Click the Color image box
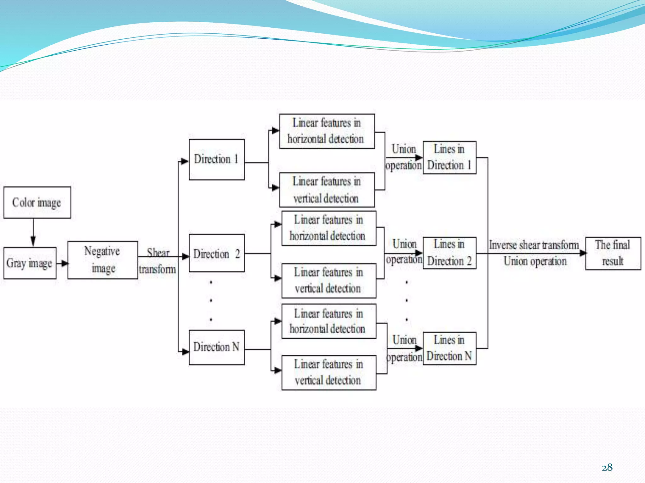pyautogui.click(x=37, y=203)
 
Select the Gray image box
pyautogui.click(x=30, y=263)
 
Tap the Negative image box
pyautogui.click(x=103, y=260)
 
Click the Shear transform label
pyautogui.click(x=157, y=261)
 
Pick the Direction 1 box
pyautogui.click(x=217, y=159)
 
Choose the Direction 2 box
pyautogui.click(x=217, y=253)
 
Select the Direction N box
pyautogui.click(x=217, y=347)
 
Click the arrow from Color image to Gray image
pyautogui.click(x=33, y=233)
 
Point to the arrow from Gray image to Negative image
pyautogui.click(x=62, y=263)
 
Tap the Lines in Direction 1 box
pyautogui.click(x=449, y=158)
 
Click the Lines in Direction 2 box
pyautogui.click(x=449, y=253)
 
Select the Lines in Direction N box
pyautogui.click(x=449, y=348)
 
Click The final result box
pyautogui.click(x=613, y=253)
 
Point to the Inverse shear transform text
pyautogui.click(x=534, y=245)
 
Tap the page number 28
pyautogui.click(x=607, y=468)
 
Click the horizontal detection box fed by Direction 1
pyautogui.click(x=327, y=131)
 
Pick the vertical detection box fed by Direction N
pyautogui.click(x=329, y=373)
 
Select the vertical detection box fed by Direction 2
pyautogui.click(x=329, y=280)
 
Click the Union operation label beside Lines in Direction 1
pyautogui.click(x=403, y=157)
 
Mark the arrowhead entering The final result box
pyautogui.click(x=583, y=253)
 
